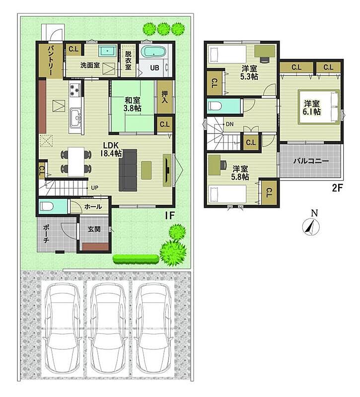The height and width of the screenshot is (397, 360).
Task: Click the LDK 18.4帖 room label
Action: tap(111, 149)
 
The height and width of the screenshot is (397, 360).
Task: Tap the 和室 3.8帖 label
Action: tap(132, 104)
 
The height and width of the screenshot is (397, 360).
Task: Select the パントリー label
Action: tap(50, 61)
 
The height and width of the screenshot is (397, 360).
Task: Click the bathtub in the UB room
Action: tap(153, 52)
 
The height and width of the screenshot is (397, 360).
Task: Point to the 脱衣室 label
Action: tap(128, 61)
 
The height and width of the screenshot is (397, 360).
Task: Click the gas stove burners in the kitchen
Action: tap(75, 90)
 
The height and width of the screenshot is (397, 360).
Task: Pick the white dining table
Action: tap(76, 162)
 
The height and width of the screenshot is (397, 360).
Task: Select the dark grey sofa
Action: tap(128, 170)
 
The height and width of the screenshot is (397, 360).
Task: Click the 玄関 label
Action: tap(94, 229)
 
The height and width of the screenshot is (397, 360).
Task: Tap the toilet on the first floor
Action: tap(47, 206)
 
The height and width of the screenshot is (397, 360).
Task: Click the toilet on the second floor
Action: tap(215, 106)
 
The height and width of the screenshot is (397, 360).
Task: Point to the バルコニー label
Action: tap(311, 161)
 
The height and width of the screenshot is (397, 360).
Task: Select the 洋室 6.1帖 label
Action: tap(312, 107)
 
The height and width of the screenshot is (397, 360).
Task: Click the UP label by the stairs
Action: tap(94, 188)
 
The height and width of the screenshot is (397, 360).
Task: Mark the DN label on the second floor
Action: tap(229, 125)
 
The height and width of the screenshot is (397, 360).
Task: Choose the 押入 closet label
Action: tap(165, 97)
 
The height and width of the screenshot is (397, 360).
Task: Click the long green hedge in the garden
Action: tap(136, 259)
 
